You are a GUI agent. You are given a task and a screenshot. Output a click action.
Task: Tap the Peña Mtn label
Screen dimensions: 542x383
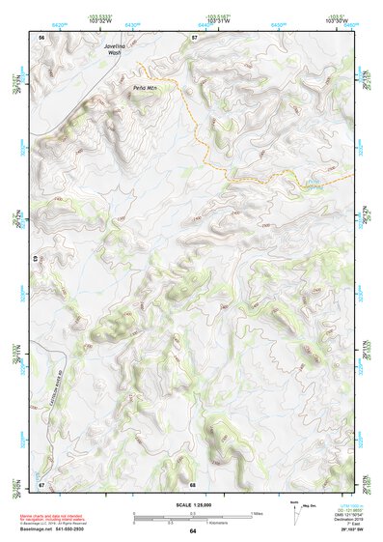(x=145, y=87)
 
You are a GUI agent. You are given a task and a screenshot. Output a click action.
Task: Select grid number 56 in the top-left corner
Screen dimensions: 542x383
(x=41, y=37)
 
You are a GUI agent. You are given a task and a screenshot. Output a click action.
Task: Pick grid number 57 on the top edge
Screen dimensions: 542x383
(x=193, y=37)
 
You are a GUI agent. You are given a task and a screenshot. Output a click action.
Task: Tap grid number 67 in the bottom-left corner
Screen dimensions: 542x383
(x=41, y=483)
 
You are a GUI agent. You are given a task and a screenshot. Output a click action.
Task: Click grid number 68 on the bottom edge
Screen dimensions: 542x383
(x=193, y=483)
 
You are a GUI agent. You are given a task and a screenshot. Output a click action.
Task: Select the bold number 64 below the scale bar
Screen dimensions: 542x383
(x=192, y=531)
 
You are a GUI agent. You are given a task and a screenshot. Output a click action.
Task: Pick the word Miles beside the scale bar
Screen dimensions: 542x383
(x=257, y=512)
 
